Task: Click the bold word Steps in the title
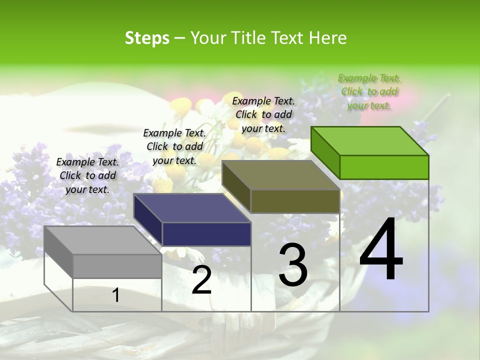(x=147, y=38)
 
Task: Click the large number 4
(x=381, y=250)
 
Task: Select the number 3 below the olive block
(x=293, y=265)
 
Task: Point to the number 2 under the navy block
(x=202, y=280)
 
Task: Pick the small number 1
(x=116, y=295)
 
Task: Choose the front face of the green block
(x=384, y=167)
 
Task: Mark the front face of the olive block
(x=295, y=201)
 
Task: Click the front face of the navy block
(x=206, y=234)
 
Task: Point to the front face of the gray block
(x=117, y=266)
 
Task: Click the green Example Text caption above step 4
(x=369, y=91)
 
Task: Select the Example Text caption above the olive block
(x=263, y=114)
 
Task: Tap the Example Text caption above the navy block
(x=174, y=146)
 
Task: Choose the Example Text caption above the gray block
(x=87, y=175)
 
